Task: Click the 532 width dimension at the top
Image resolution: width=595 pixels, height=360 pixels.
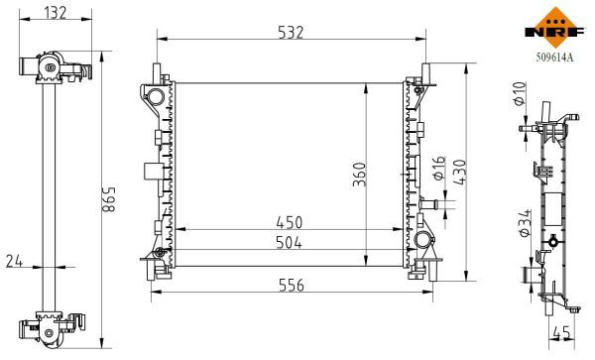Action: point(290,33)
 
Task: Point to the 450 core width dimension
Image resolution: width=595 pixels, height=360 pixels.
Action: point(290,221)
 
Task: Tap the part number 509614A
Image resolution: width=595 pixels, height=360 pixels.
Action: point(550,58)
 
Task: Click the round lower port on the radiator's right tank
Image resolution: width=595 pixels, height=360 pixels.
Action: point(422,241)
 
